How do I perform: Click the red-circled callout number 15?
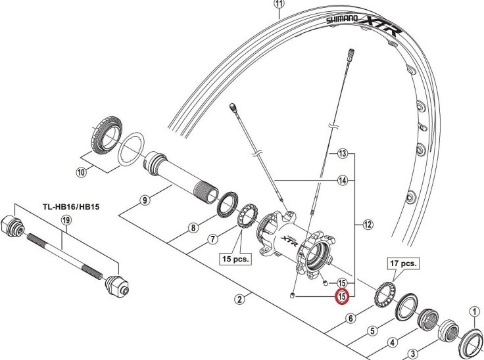click(x=342, y=297)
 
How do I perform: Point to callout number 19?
click(x=65, y=222)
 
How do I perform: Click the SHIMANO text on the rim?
click(x=342, y=20)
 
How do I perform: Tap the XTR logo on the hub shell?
click(x=290, y=240)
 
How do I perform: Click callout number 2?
click(x=240, y=300)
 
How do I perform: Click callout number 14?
click(x=342, y=180)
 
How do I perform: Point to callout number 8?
click(x=193, y=228)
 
